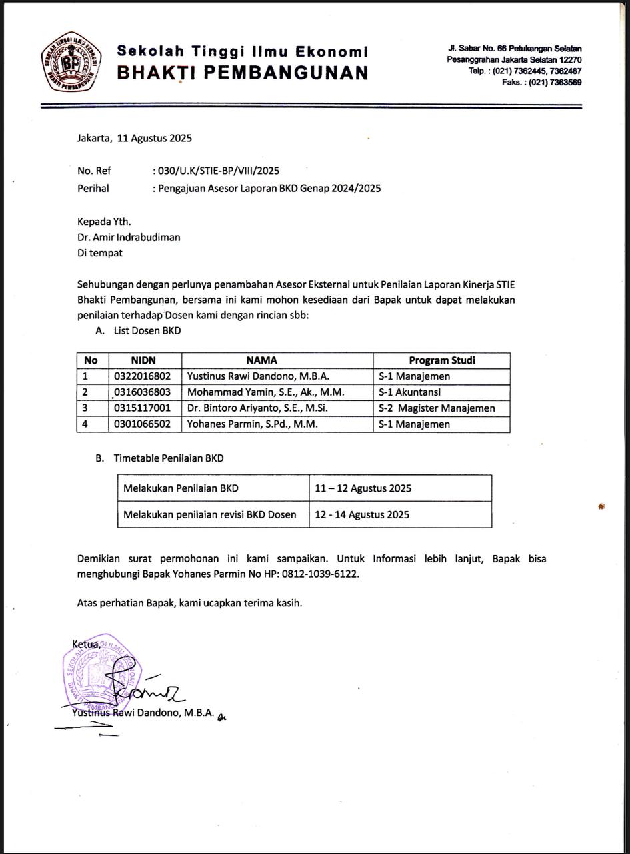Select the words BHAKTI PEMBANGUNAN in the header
coord(243,73)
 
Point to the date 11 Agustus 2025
coord(154,139)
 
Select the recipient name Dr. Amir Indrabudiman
coord(129,237)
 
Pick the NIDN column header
coord(144,360)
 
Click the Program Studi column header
coord(441,360)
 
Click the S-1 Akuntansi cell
coord(409,392)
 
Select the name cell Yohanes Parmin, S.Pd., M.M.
coord(253,424)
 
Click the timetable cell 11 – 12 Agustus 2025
coord(363,488)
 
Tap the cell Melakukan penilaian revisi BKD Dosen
coord(209,514)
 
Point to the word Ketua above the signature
coord(86,645)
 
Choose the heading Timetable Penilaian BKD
coord(169,458)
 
